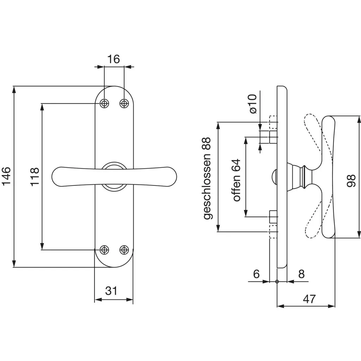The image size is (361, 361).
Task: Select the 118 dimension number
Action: coord(34,177)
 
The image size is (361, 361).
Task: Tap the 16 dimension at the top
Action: coord(114,59)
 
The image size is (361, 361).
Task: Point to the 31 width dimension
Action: coord(111,291)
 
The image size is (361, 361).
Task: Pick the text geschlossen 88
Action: coord(208,178)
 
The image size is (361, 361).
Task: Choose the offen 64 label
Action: coord(236,180)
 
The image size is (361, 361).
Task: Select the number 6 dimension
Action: coord(256,274)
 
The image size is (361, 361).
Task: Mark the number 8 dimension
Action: coord(301,274)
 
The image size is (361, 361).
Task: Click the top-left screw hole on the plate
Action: coord(104,103)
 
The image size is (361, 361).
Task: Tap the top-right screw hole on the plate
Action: coord(124,103)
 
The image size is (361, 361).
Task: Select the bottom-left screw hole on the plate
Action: coord(104,250)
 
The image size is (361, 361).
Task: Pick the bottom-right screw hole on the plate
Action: coord(123,250)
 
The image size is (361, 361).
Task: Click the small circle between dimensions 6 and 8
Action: coord(277,281)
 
